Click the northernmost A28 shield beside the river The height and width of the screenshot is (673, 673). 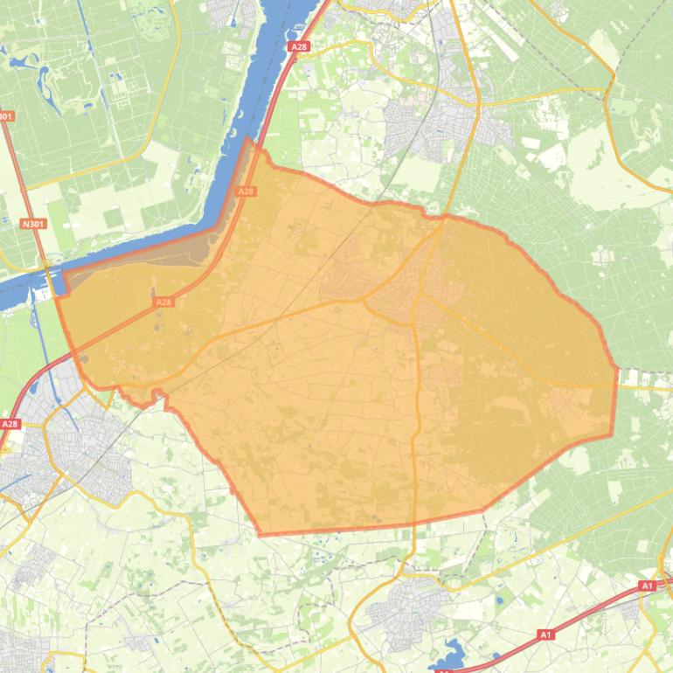pyautogui.click(x=299, y=46)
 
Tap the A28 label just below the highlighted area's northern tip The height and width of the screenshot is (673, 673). pyautogui.click(x=246, y=191)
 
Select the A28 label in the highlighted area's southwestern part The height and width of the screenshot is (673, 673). pyautogui.click(x=163, y=302)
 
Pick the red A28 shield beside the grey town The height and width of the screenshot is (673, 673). pyautogui.click(x=10, y=424)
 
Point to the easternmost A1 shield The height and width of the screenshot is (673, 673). pyautogui.click(x=647, y=586)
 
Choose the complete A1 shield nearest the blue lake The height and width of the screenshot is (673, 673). pyautogui.click(x=546, y=634)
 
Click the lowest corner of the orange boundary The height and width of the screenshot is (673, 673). pyautogui.click(x=260, y=534)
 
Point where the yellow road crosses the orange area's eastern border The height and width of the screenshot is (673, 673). pyautogui.click(x=616, y=385)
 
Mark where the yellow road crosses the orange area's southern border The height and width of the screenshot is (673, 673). pyautogui.click(x=413, y=525)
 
